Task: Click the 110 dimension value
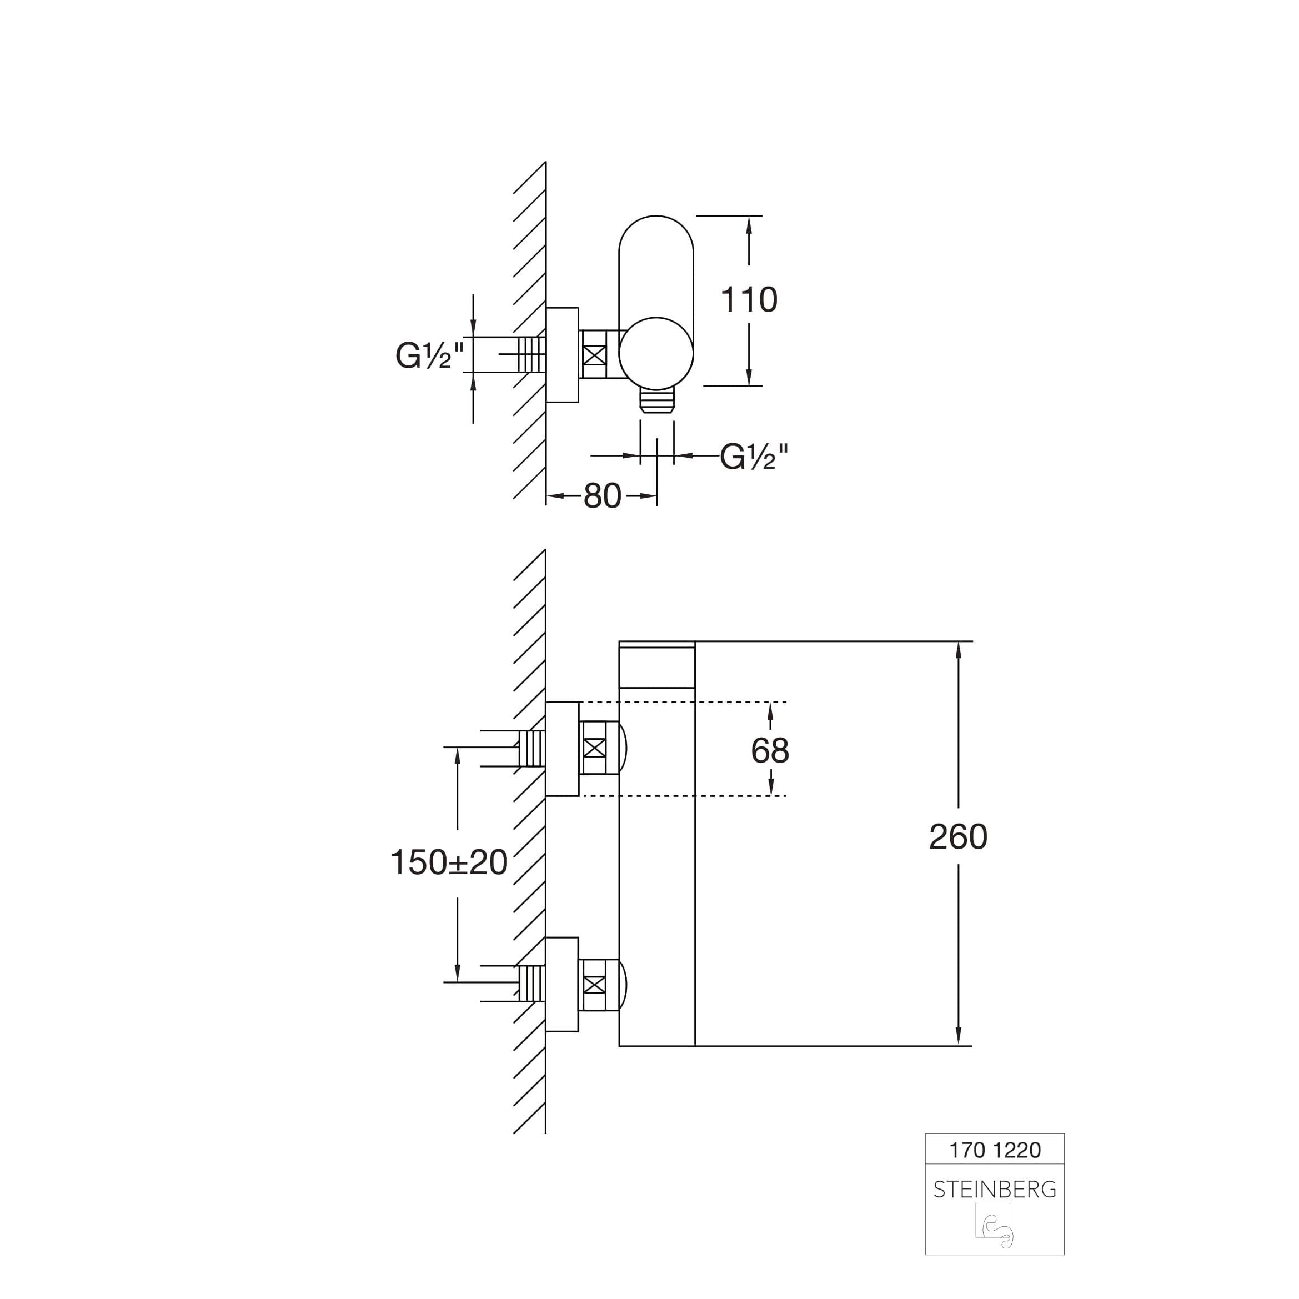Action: [748, 300]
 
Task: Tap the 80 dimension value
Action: [603, 496]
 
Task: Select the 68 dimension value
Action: [770, 750]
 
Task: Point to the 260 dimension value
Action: [958, 837]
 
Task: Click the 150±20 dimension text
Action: [449, 862]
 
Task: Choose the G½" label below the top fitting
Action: [754, 457]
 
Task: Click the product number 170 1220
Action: [995, 1150]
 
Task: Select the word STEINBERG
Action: [995, 1190]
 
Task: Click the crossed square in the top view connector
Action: [594, 354]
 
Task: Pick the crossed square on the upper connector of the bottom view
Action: [594, 748]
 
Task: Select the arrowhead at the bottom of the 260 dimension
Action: [958, 1036]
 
